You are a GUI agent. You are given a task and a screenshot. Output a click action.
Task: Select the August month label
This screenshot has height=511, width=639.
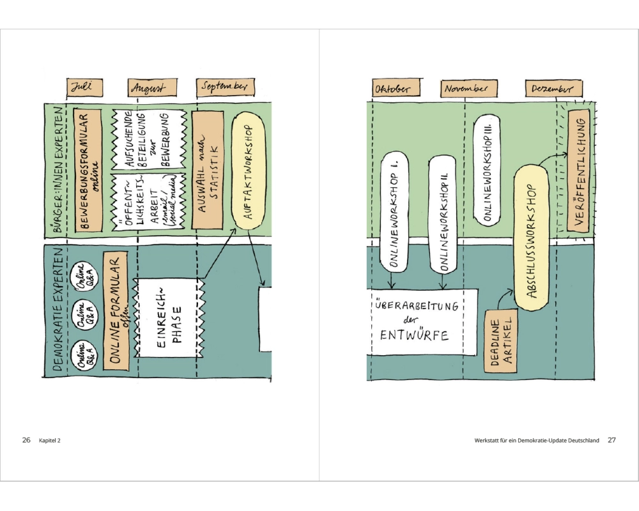click(x=146, y=88)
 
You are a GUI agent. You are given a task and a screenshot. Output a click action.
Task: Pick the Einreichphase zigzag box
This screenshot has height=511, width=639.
click(x=169, y=317)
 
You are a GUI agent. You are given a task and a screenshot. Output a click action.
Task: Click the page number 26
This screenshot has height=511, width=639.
click(x=26, y=440)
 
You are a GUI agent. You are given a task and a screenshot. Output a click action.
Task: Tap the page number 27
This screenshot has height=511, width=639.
click(x=612, y=440)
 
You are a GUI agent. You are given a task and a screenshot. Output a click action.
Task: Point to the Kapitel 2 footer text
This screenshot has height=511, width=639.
click(x=50, y=440)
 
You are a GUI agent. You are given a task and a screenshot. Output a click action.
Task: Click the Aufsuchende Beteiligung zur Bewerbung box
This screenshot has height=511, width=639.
click(x=148, y=139)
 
